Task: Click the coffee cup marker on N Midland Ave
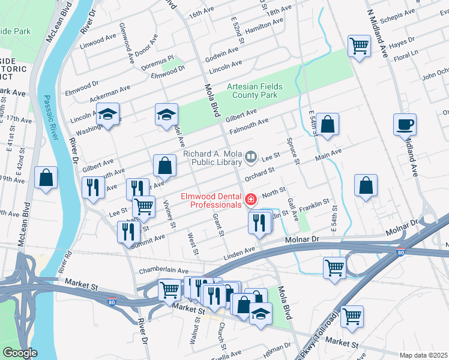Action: pyautogui.click(x=405, y=125)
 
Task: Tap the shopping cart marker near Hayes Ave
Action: pyautogui.click(x=359, y=46)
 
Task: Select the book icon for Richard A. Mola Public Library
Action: pyautogui.click(x=252, y=158)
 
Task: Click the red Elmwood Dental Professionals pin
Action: pyautogui.click(x=250, y=199)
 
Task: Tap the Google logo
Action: pyautogui.click(x=20, y=353)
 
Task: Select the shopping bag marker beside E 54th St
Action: pyautogui.click(x=328, y=124)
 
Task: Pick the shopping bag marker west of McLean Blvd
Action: pyautogui.click(x=46, y=178)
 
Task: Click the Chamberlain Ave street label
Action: pyautogui.click(x=164, y=271)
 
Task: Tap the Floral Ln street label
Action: pyautogui.click(x=406, y=55)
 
